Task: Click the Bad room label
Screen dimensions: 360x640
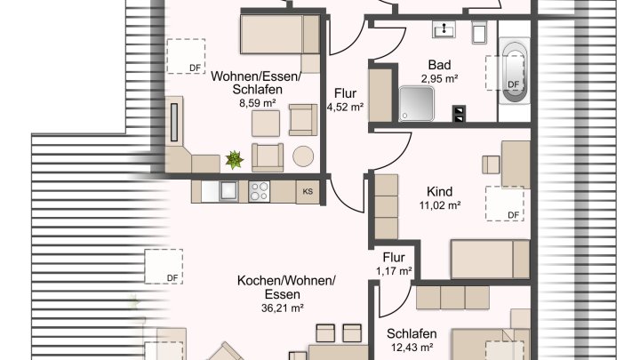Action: coord(439,65)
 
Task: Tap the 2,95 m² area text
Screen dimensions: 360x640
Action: coord(439,79)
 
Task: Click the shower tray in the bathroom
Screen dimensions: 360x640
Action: coord(416,102)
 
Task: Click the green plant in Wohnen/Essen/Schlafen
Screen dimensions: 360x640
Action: coord(235,160)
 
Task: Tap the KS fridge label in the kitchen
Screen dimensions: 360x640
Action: coord(308,191)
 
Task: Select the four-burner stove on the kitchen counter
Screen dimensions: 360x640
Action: coord(260,191)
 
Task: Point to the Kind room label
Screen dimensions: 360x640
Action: coord(439,191)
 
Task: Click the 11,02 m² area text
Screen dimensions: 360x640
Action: coord(439,205)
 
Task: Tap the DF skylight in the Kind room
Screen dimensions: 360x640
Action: coord(504,204)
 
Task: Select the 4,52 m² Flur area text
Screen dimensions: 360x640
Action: coord(345,107)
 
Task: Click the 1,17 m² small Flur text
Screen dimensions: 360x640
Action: coord(393,270)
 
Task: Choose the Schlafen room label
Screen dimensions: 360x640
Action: coord(410,333)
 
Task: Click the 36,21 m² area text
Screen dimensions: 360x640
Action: coord(284,308)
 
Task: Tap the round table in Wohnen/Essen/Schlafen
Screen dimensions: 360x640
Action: coord(304,156)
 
